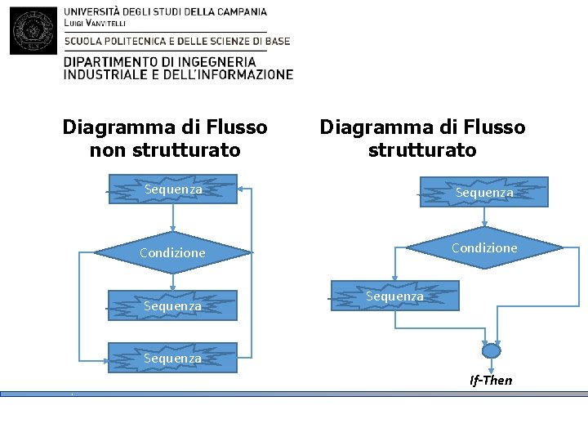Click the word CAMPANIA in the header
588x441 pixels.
(238, 12)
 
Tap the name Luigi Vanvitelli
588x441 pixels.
(95, 24)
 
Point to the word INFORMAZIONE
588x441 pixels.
(244, 74)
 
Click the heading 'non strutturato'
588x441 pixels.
(165, 150)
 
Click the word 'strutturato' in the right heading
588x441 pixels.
(422, 150)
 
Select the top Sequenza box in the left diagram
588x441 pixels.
(172, 189)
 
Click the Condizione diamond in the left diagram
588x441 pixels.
(172, 253)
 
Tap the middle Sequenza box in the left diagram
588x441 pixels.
(172, 306)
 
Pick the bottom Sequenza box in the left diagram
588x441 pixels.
(172, 358)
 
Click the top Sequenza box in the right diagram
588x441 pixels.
(484, 193)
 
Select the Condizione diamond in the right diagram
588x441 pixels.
(484, 247)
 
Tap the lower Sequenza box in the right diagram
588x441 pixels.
(394, 296)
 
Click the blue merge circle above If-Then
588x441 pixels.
(491, 351)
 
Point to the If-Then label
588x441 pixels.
(491, 381)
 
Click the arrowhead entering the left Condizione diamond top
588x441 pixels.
(172, 229)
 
